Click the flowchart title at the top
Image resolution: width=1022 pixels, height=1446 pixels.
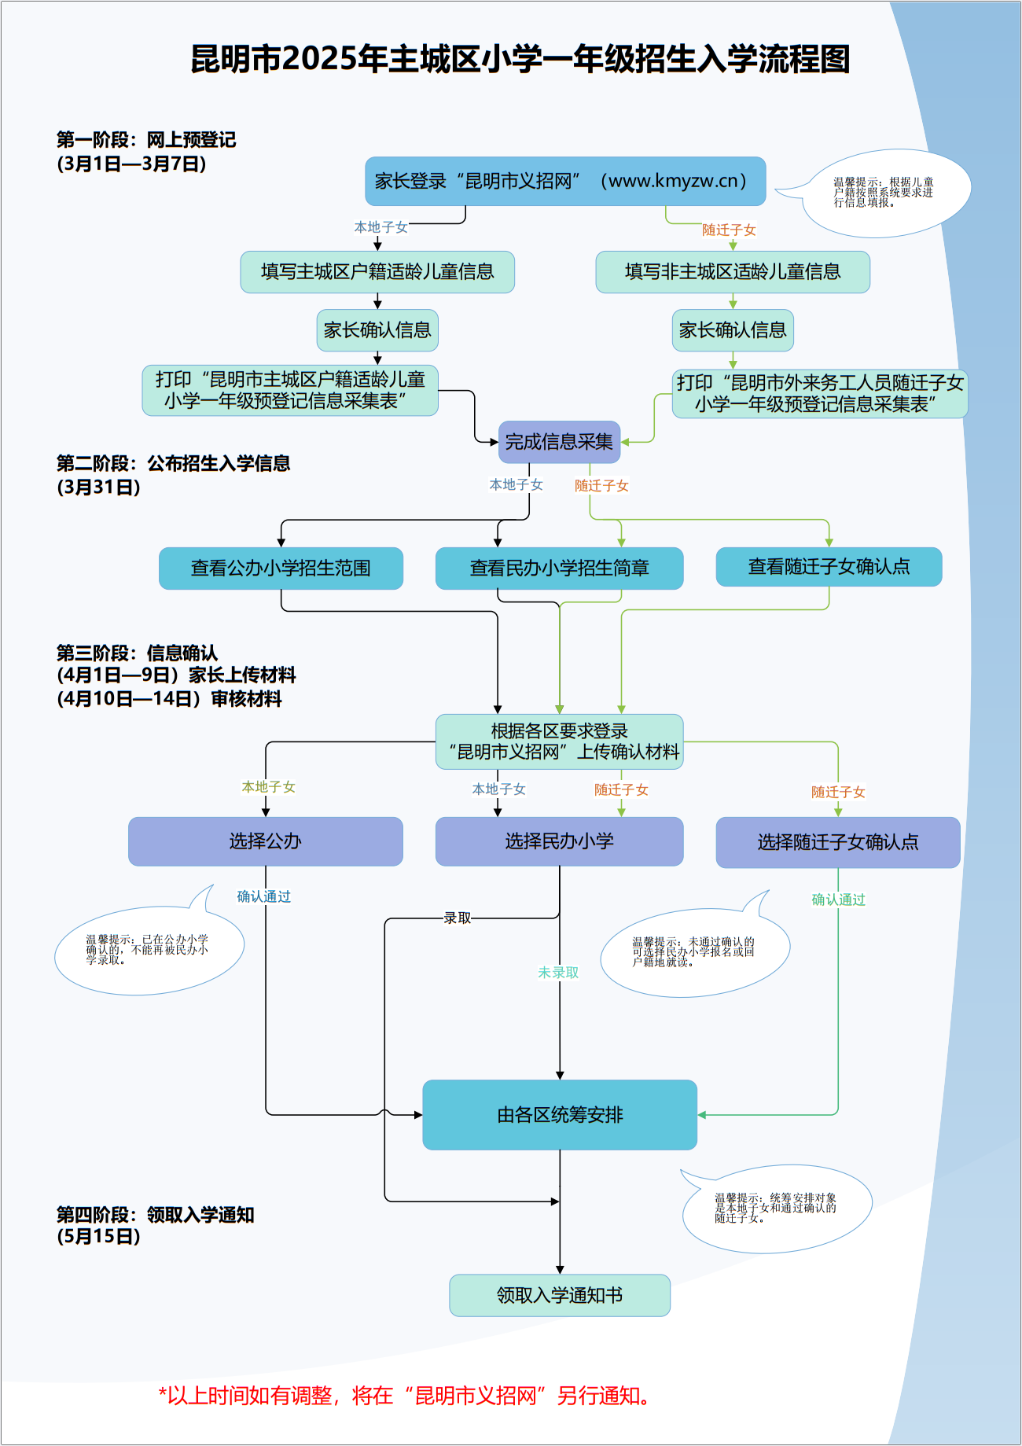(x=520, y=60)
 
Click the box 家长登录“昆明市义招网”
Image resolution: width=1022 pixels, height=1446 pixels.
(x=565, y=181)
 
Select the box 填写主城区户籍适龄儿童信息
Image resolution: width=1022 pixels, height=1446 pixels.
(x=377, y=272)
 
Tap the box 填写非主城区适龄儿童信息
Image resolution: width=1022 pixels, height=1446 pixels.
(x=733, y=272)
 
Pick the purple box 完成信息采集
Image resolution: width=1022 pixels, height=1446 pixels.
(x=559, y=442)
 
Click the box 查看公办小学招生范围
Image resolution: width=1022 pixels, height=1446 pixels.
(x=281, y=568)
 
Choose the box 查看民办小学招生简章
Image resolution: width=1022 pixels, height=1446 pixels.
(x=559, y=568)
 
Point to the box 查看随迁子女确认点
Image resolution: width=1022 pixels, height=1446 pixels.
(x=829, y=566)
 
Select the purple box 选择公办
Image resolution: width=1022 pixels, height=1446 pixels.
(x=266, y=841)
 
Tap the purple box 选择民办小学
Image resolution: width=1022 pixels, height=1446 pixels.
(x=559, y=841)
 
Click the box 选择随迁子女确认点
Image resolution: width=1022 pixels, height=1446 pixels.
(x=838, y=842)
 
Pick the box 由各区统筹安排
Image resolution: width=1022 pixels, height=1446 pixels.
(x=560, y=1115)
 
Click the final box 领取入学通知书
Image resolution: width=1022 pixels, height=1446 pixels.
(x=560, y=1295)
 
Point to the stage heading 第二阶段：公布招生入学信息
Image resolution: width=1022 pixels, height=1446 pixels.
(x=174, y=463)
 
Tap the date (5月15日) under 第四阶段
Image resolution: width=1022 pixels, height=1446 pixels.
(x=99, y=1236)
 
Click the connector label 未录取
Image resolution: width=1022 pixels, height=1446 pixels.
(x=558, y=973)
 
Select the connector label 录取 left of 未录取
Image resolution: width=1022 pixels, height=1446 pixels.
(x=458, y=918)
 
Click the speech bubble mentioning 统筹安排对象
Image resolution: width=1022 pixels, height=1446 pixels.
(x=776, y=1208)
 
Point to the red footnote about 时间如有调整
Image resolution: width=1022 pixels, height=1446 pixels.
(x=404, y=1396)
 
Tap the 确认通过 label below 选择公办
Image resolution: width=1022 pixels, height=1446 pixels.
(x=264, y=896)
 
